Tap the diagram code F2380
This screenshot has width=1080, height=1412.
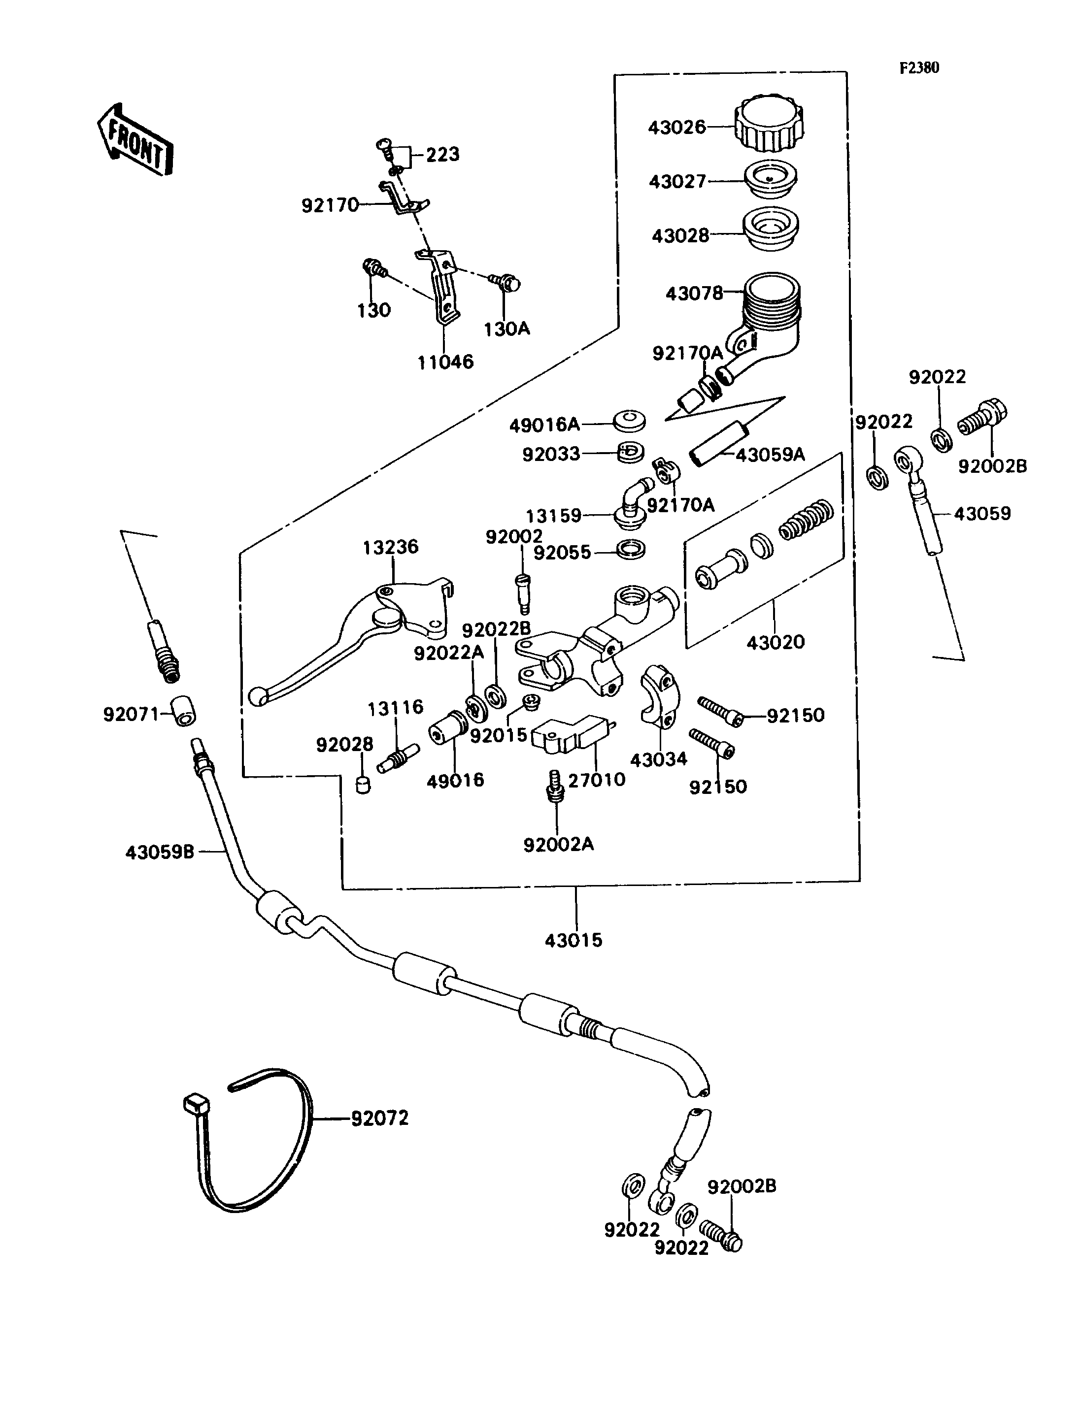[919, 68]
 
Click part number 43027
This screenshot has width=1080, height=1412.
[677, 182]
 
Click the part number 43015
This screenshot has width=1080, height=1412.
[574, 940]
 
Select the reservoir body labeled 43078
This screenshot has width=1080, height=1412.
[768, 315]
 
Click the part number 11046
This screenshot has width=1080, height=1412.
[445, 362]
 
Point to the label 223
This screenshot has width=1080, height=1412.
[443, 155]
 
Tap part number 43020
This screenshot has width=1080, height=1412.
[776, 641]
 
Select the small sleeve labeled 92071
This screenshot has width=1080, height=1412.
[184, 711]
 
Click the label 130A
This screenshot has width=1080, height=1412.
[506, 329]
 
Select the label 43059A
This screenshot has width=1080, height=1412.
[770, 455]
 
